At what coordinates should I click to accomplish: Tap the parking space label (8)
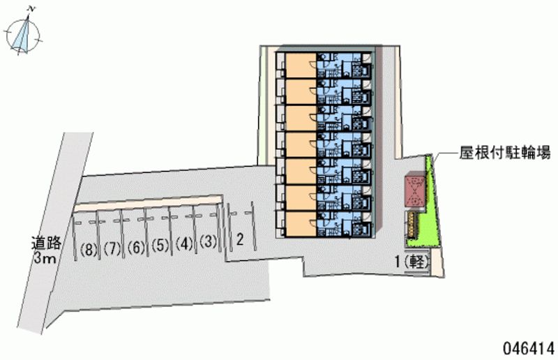88,247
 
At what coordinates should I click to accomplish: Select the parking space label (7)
112,246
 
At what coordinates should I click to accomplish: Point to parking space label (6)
136,246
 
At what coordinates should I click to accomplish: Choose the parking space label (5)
160,245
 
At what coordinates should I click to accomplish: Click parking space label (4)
184,244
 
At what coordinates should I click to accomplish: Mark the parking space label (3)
208,243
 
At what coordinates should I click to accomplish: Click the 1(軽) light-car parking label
412,262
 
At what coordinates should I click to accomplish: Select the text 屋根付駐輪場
505,153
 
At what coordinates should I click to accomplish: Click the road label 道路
47,243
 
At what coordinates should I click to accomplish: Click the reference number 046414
525,347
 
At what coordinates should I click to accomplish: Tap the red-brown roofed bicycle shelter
414,190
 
